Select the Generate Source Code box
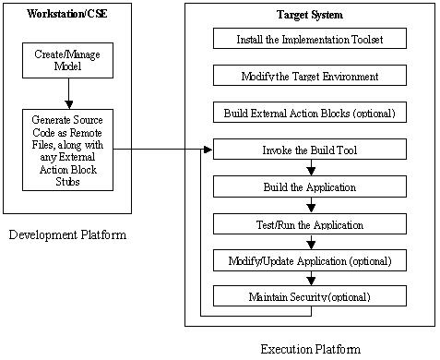click(x=67, y=149)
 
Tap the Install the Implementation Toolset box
click(x=309, y=39)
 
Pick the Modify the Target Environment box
click(x=309, y=76)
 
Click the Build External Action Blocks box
click(x=309, y=113)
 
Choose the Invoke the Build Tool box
click(x=309, y=150)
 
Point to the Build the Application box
click(x=309, y=186)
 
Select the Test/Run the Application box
click(x=309, y=223)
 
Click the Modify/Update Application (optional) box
click(x=309, y=260)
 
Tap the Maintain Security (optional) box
click(x=309, y=296)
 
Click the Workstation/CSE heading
click(x=67, y=15)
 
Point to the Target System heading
click(x=309, y=15)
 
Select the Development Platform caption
click(x=67, y=235)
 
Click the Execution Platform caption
click(x=311, y=348)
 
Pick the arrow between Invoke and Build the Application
click(x=310, y=168)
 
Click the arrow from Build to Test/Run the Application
click(x=310, y=205)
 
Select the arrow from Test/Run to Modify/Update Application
click(x=310, y=242)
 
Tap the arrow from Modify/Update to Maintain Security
click(x=310, y=279)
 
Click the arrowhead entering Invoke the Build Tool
click(x=208, y=150)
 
